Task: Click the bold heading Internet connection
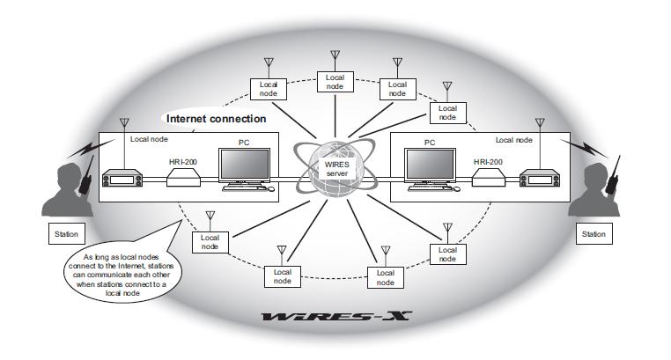[x=217, y=117]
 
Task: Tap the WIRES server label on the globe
[x=337, y=168]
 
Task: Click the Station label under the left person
[x=65, y=235]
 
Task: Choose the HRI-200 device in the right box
[x=490, y=178]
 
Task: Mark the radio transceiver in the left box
[x=122, y=178]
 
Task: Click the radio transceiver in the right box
[x=546, y=178]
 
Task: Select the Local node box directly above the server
[x=335, y=83]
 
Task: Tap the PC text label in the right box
[x=431, y=140]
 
